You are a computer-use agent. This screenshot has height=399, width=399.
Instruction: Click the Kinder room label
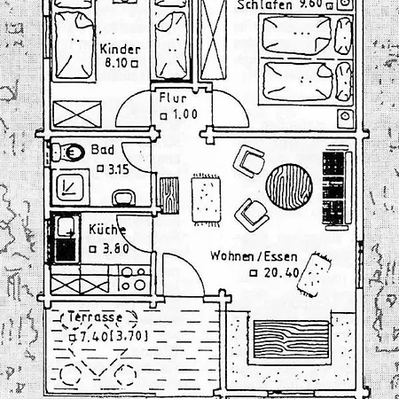[120, 49]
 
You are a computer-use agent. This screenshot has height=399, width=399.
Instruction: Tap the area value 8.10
[116, 63]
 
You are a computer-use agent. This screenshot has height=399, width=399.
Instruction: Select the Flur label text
[173, 98]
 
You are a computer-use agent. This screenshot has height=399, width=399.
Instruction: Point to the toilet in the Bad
[67, 153]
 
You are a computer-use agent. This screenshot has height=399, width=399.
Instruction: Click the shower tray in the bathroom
[70, 187]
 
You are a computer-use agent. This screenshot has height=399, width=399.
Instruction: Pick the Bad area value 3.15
[119, 169]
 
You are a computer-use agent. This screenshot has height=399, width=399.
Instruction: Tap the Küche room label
[107, 230]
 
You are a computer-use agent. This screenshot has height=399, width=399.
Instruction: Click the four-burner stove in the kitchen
[134, 279]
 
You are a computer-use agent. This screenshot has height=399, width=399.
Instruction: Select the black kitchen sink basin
[66, 250]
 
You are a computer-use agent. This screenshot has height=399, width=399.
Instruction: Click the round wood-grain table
[289, 187]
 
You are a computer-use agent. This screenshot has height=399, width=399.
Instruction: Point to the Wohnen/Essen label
[254, 256]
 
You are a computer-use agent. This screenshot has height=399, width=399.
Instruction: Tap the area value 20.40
[282, 272]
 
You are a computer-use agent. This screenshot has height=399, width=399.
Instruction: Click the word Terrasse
[95, 317]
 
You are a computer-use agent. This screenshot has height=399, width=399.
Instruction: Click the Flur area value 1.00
[185, 114]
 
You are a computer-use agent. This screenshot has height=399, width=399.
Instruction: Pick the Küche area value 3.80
[116, 249]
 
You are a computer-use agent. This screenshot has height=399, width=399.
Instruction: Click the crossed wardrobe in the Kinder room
[77, 114]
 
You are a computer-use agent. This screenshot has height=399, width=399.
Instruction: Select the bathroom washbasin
[124, 198]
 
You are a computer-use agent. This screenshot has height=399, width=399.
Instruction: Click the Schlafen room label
[264, 5]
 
